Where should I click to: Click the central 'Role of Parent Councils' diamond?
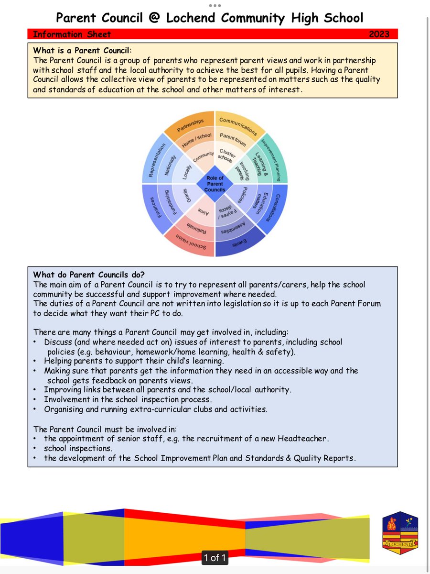[x=215, y=184]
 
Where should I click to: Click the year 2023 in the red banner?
[x=379, y=34]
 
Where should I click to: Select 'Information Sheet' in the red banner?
[x=72, y=34]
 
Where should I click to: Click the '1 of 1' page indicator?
[x=215, y=557]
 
